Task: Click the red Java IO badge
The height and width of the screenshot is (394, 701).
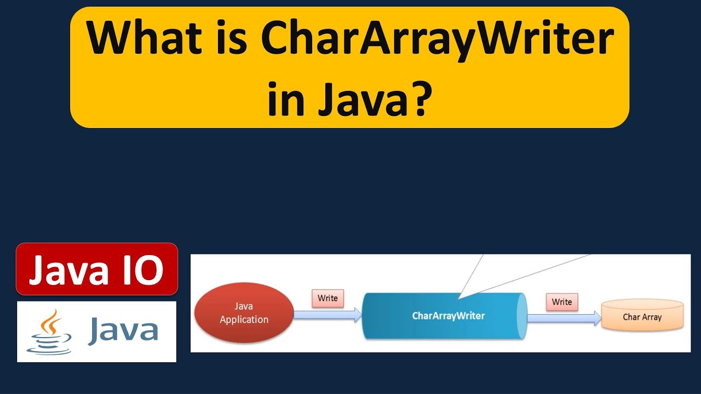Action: [97, 269]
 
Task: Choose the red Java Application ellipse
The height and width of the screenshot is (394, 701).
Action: [244, 312]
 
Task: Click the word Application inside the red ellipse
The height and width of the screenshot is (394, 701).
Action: [244, 320]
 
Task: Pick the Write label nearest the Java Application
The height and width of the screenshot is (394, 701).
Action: [327, 298]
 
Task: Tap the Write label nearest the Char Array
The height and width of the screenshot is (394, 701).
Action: [561, 302]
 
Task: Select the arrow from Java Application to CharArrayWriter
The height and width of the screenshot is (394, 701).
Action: [327, 315]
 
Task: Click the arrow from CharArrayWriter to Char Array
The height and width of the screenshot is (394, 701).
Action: [564, 318]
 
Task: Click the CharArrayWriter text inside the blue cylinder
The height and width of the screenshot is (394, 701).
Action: [448, 316]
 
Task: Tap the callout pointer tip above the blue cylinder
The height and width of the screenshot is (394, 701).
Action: [459, 297]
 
